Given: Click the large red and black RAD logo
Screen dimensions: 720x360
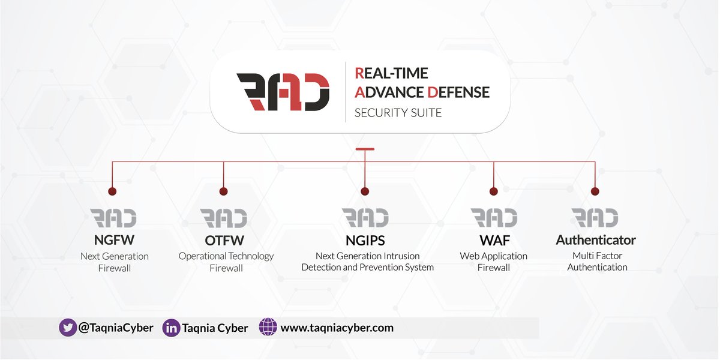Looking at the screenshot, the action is [283, 92].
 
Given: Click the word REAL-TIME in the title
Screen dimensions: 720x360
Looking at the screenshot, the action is [391, 73].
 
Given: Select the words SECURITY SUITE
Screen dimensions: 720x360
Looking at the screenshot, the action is [398, 112].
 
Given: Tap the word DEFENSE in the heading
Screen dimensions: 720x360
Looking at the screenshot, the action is [458, 92].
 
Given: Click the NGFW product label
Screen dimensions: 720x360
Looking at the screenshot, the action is [114, 240].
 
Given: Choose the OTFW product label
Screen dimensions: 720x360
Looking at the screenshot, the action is [226, 240].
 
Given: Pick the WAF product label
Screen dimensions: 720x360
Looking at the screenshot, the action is [493, 240].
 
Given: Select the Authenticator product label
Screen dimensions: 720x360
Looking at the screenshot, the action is [596, 240].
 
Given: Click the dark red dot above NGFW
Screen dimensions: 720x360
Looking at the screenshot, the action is [112, 191].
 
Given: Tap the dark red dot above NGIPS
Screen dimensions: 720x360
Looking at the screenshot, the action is [365, 191].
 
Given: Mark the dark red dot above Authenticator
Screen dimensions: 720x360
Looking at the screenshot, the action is [595, 191].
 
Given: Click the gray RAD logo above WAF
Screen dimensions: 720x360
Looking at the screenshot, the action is [493, 218].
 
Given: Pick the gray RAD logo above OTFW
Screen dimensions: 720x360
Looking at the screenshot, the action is [223, 218].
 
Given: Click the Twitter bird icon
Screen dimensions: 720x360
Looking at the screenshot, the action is [68, 328].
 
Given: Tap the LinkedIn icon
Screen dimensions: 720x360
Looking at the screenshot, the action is [172, 328].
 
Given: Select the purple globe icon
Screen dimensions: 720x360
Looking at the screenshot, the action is [268, 328].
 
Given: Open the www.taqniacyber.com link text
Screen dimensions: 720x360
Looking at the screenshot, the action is [337, 328].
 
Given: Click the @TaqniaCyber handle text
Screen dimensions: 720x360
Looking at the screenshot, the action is [116, 328].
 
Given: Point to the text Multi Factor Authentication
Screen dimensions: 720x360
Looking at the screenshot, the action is [597, 262].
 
